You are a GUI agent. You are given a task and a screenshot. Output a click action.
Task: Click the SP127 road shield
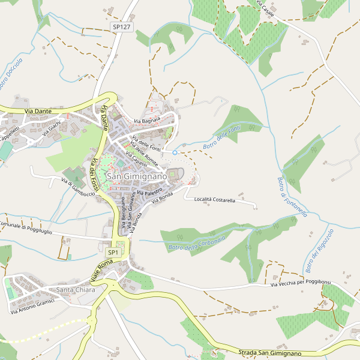tap(121, 27)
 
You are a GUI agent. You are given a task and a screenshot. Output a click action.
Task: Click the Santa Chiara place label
tap(76, 290)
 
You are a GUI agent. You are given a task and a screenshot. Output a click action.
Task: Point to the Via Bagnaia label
tap(147, 122)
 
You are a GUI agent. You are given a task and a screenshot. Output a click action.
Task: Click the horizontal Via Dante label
tap(37, 111)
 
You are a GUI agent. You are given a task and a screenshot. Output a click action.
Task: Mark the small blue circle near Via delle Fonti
tap(175, 152)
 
